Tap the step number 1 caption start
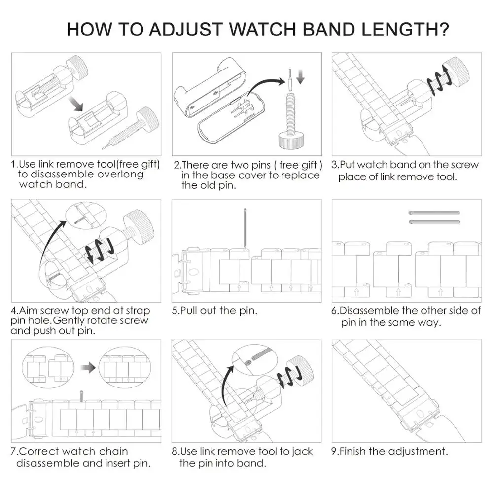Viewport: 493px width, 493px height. click(15, 165)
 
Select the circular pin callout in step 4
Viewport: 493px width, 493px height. click(83, 217)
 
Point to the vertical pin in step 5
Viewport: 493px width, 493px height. click(245, 227)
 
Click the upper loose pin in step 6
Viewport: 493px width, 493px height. click(434, 213)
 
